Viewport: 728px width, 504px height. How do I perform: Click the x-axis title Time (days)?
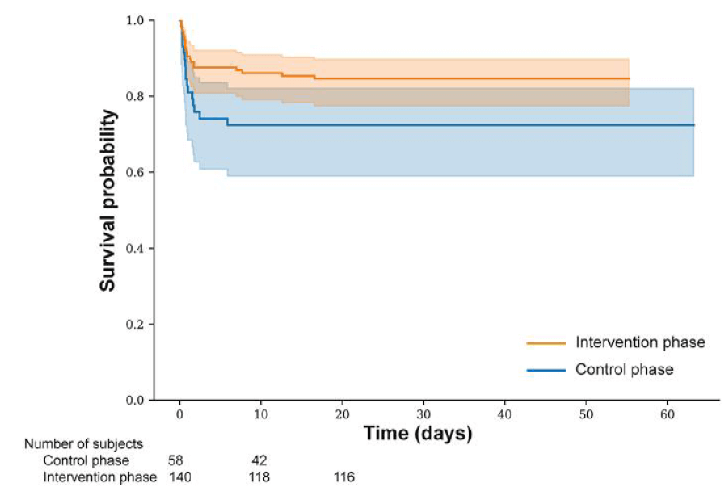[x=418, y=434]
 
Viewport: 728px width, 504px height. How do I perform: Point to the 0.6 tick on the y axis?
[x=139, y=172]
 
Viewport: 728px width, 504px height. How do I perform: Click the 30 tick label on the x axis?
[x=423, y=414]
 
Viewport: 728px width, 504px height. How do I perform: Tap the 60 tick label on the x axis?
[x=667, y=414]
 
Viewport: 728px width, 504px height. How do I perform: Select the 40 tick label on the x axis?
[x=505, y=414]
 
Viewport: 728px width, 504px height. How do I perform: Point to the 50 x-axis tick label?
[x=586, y=414]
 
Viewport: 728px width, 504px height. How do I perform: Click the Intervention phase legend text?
[x=640, y=342]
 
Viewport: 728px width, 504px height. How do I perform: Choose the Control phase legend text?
[x=625, y=370]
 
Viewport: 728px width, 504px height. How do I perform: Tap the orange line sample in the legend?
[x=546, y=343]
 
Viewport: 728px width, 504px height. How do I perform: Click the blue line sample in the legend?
[x=546, y=371]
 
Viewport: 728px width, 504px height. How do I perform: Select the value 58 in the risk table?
[x=175, y=460]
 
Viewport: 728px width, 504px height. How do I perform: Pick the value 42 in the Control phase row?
[x=259, y=460]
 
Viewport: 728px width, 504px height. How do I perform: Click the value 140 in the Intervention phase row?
[x=179, y=477]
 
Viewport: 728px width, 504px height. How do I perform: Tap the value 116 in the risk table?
[x=343, y=477]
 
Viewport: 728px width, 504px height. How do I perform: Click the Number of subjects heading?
[x=83, y=443]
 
